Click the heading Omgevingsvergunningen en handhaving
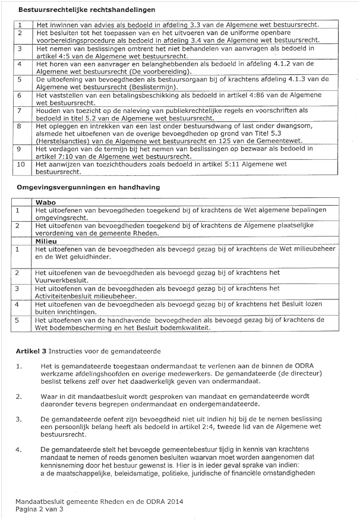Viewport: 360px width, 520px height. pyautogui.click(x=88, y=187)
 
